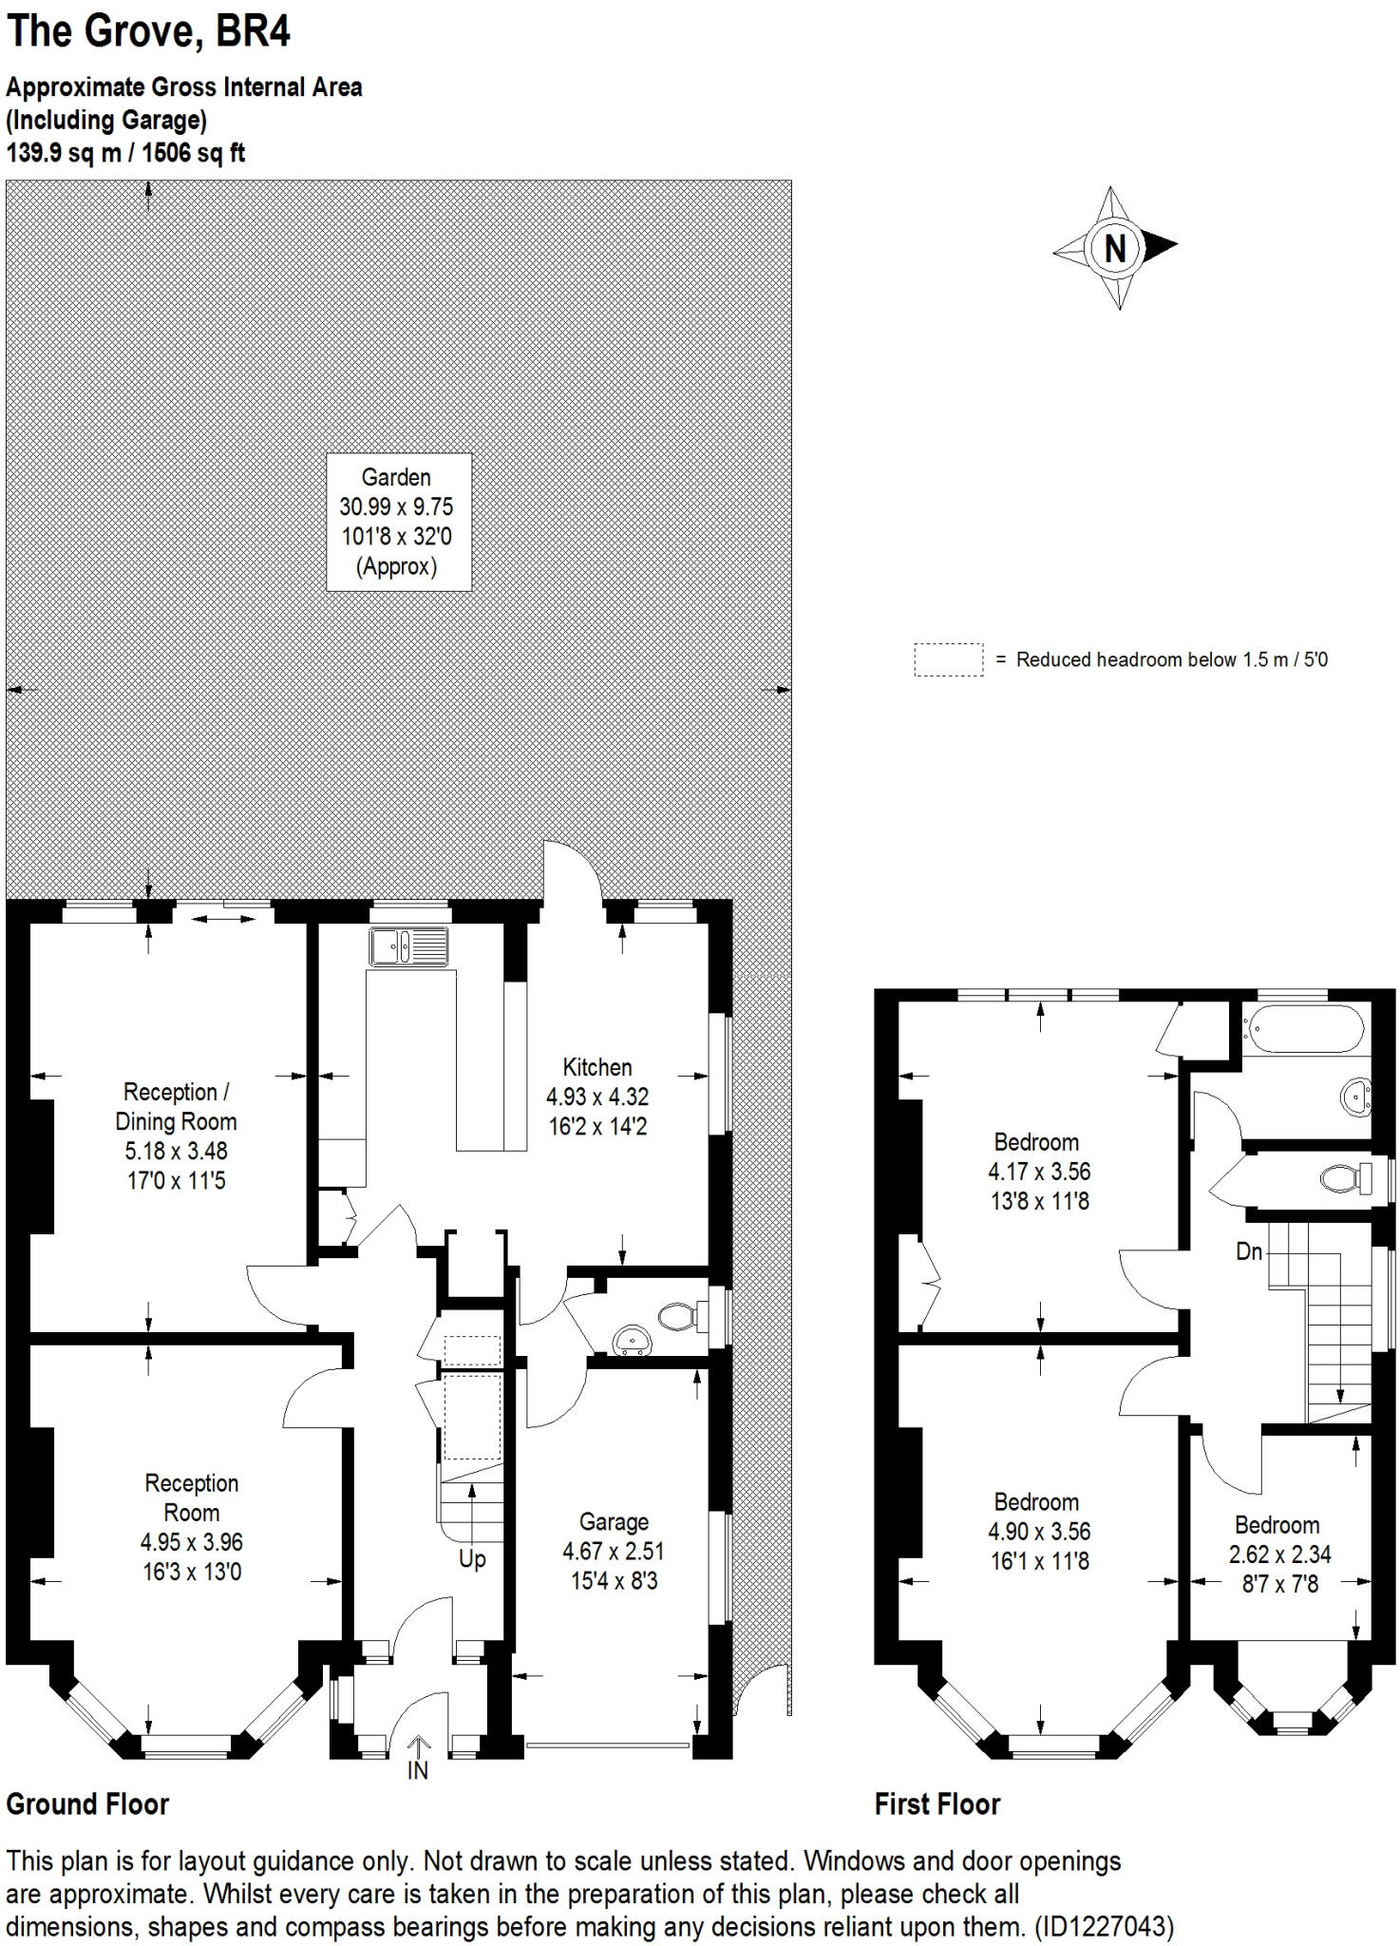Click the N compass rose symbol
coord(1115,248)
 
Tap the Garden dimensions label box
coord(398,522)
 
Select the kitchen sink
coord(409,946)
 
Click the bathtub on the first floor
coord(1306,1028)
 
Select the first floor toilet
coord(1343,1178)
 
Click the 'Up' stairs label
coord(472,1558)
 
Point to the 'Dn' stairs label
coord(1249,1251)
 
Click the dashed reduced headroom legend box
coord(948,659)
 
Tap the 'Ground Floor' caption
coord(87,1803)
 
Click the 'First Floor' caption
coord(936,1803)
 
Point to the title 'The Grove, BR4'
coord(148,31)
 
